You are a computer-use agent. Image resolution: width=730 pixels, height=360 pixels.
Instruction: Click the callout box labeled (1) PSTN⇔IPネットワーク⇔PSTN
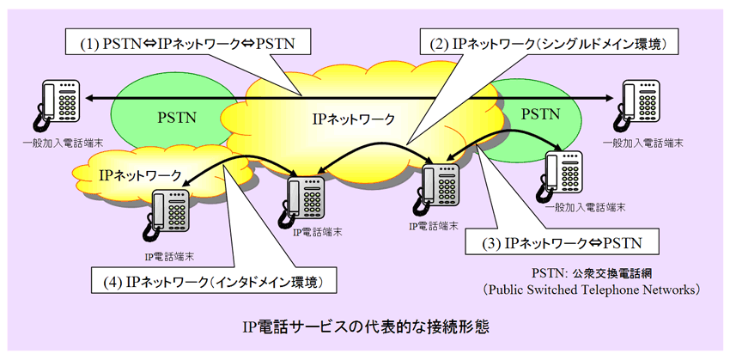click(x=189, y=42)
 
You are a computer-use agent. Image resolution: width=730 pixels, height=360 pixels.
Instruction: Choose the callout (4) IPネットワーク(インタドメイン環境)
click(x=213, y=281)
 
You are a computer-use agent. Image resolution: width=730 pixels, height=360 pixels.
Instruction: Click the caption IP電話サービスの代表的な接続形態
click(x=365, y=326)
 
